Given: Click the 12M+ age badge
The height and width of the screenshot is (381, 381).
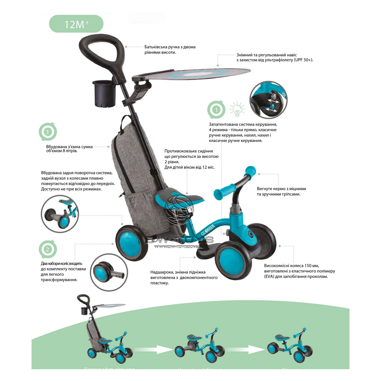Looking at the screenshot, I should tap(76, 24).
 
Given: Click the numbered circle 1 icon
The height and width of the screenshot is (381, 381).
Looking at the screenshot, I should tap(216, 110).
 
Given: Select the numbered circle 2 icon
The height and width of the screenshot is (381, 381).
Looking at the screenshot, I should tap(48, 249).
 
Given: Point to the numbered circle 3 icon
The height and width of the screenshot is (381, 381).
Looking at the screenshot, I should tap(48, 131).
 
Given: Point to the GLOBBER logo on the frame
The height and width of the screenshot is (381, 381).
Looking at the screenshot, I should tap(208, 230).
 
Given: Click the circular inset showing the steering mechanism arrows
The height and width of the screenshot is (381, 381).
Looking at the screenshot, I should tap(268, 100).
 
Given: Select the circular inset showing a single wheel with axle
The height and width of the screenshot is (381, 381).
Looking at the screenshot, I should tap(109, 272).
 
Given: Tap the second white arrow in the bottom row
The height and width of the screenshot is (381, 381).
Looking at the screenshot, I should tap(256, 350).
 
